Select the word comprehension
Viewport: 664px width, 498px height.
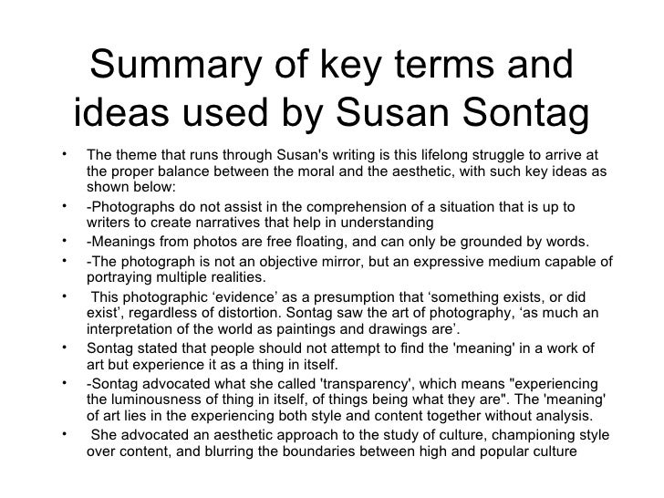346,208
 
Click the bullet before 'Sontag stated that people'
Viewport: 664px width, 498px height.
70,348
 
